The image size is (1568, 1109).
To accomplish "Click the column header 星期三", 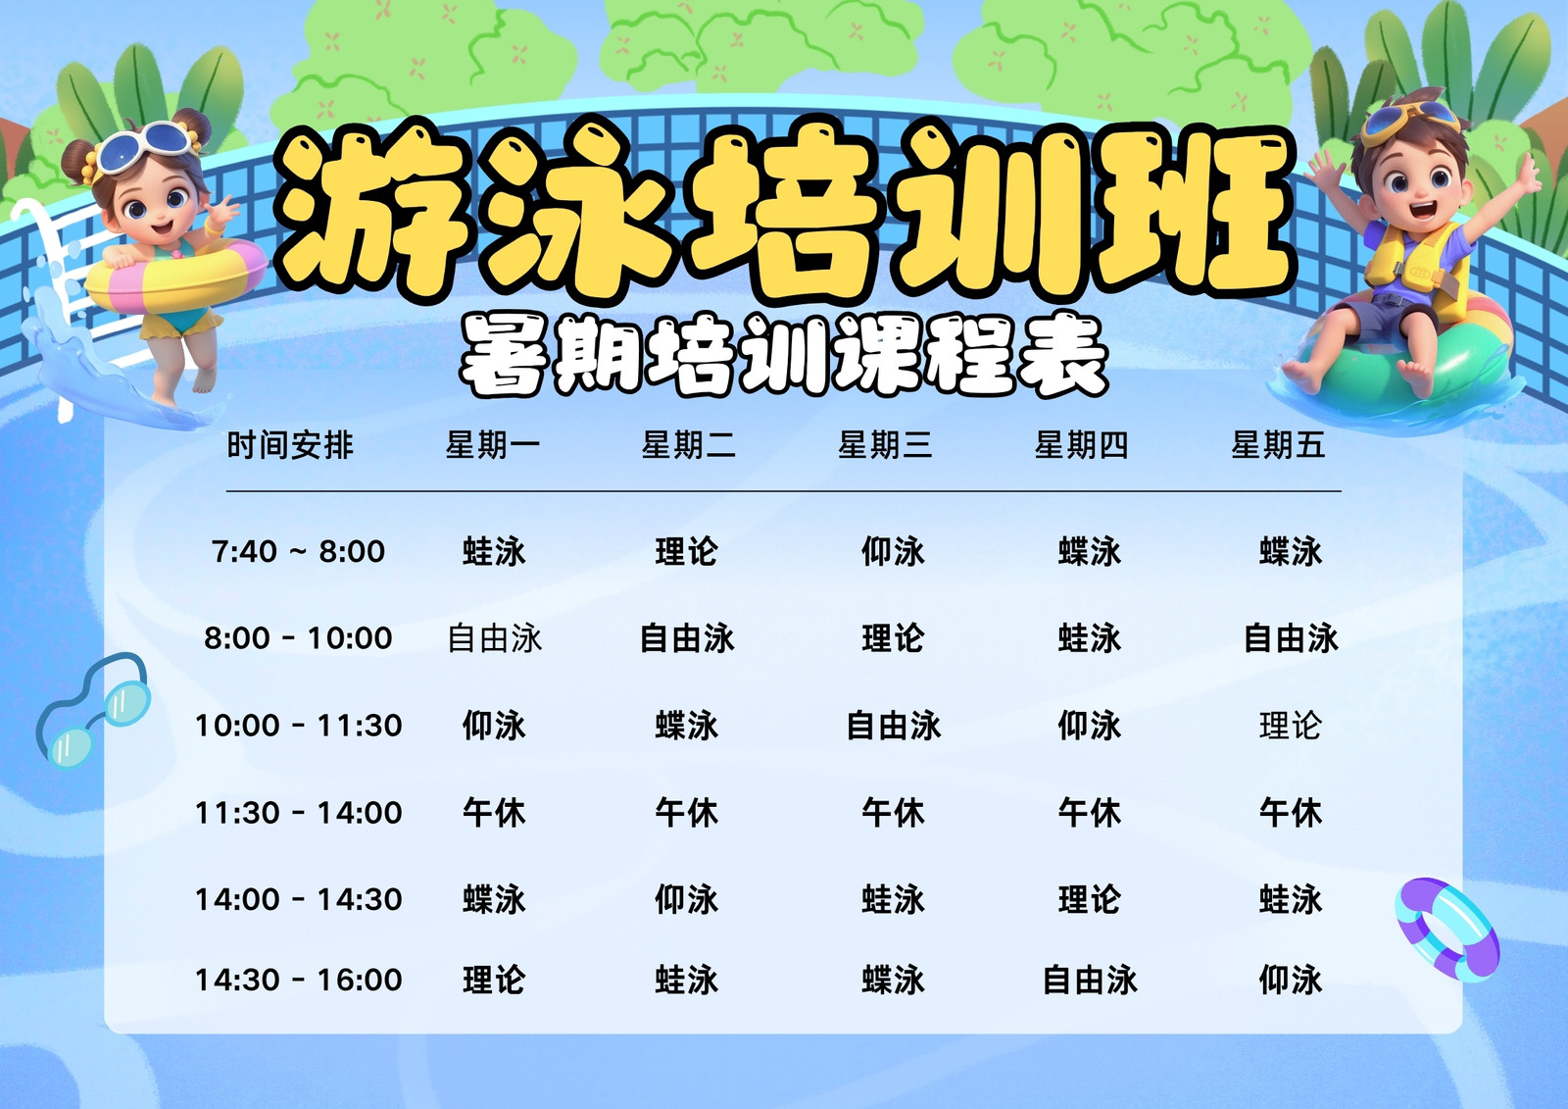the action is point(885,445).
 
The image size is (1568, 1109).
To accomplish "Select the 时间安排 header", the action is point(290,445).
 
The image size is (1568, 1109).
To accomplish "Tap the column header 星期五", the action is point(1278,445).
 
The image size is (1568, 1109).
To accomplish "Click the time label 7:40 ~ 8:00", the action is point(298,551).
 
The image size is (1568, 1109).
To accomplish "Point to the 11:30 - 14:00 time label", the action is point(298,813).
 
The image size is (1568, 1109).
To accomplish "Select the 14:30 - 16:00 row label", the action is point(298,980).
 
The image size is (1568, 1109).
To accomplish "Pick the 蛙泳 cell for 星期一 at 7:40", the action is point(494,551).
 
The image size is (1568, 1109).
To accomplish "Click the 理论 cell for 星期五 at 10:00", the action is point(1290,725).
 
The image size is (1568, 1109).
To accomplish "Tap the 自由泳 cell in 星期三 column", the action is point(893,725).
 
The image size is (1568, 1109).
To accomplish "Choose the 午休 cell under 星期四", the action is point(1089,813).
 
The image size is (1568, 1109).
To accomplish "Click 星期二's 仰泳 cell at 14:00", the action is point(686,899).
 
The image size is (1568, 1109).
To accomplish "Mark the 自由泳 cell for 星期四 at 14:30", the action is point(1089,980).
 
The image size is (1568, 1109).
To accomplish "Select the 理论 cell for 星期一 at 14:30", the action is point(494,980).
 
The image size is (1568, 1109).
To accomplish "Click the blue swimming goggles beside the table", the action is point(93,709).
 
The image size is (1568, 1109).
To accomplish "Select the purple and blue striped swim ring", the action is point(1446,930).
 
